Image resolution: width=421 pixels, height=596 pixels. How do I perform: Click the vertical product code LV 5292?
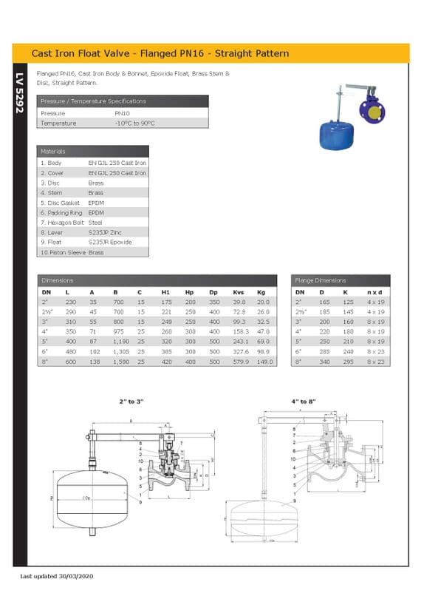(x=20, y=92)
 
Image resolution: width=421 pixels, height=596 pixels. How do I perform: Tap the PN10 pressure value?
(x=122, y=113)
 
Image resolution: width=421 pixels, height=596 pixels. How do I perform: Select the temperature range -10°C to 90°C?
(x=134, y=123)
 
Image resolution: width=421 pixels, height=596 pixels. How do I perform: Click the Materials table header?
(x=53, y=151)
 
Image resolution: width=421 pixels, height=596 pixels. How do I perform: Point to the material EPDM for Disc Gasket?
(x=96, y=203)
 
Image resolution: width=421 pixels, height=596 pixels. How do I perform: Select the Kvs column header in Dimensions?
(x=239, y=292)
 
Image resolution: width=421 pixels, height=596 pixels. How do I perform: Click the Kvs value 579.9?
(x=239, y=362)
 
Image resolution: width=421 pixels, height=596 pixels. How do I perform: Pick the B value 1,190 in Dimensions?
(x=120, y=342)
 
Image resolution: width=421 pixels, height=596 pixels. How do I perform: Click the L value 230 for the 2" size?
(x=70, y=302)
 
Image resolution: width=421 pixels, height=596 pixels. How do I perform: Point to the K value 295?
(x=348, y=362)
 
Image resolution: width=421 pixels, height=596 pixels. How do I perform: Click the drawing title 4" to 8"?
(x=304, y=400)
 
